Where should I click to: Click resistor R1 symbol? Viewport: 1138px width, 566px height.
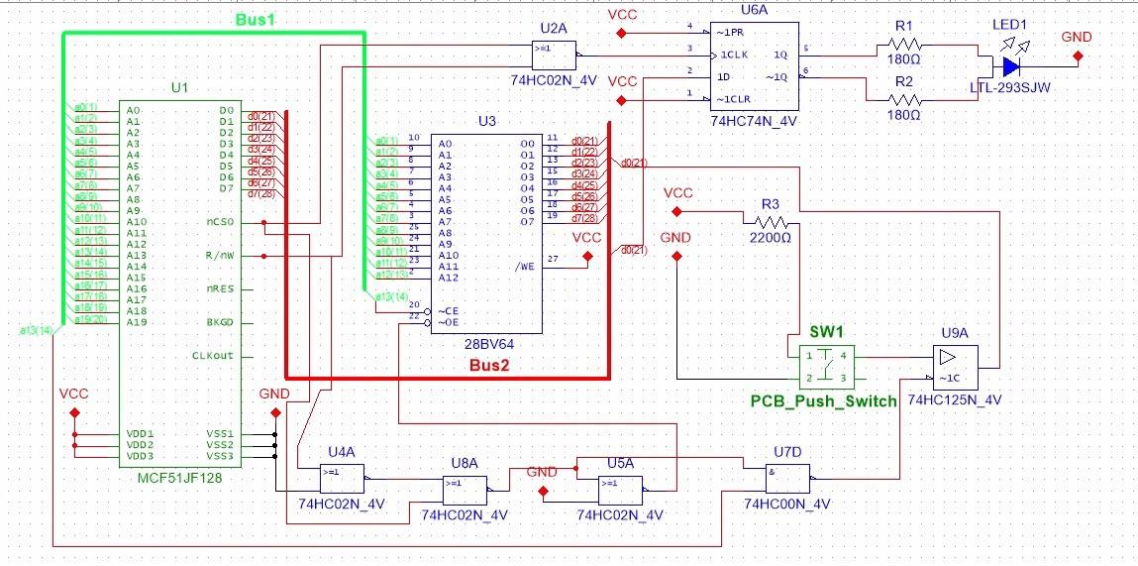[x=904, y=44]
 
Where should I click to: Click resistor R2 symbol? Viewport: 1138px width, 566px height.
[x=904, y=99]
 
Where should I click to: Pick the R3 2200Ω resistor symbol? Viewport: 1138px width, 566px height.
[x=771, y=222]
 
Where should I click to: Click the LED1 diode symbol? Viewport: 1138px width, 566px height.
[x=1010, y=66]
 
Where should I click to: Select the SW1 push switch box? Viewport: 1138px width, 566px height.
[x=827, y=366]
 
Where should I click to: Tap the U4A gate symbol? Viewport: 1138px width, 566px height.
[x=342, y=480]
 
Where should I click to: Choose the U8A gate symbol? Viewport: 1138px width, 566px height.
[x=465, y=490]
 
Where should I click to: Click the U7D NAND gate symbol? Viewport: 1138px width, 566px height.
[x=788, y=480]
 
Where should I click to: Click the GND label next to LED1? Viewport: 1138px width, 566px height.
[x=1077, y=37]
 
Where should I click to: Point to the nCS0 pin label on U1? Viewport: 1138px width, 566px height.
[x=219, y=222]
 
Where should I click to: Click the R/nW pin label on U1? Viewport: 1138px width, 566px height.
[x=220, y=256]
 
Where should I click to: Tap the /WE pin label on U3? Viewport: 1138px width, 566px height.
[x=528, y=266]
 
